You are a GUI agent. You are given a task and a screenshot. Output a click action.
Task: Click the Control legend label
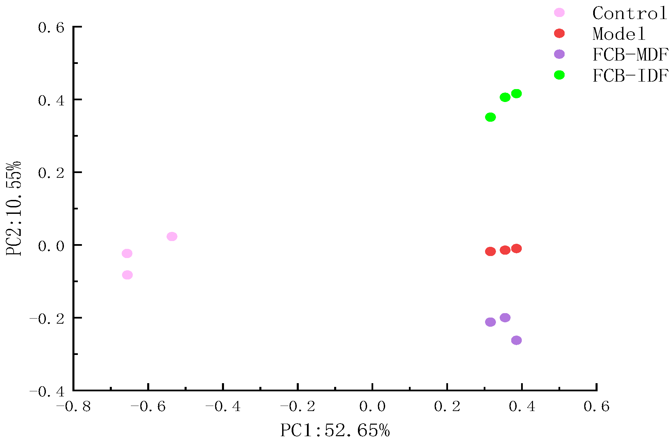click(x=630, y=14)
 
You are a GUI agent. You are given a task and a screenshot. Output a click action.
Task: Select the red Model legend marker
click(x=559, y=33)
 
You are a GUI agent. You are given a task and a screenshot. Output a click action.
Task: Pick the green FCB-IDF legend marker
click(x=559, y=75)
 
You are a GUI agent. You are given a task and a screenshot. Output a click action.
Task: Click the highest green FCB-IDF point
click(x=516, y=93)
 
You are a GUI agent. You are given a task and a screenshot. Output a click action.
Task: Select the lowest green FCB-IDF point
click(x=490, y=117)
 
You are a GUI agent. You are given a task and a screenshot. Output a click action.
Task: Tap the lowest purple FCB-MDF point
click(x=516, y=340)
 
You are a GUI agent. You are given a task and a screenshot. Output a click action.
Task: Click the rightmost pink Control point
click(x=172, y=236)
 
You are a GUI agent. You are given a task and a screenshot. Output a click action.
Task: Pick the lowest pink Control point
click(x=127, y=275)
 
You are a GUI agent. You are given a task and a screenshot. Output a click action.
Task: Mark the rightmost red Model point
click(x=516, y=249)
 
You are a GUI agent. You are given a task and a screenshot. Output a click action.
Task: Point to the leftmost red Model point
click(x=490, y=251)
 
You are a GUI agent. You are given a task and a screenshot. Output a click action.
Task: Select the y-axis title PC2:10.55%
click(x=14, y=208)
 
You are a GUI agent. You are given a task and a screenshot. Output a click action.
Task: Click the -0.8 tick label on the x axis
click(x=73, y=406)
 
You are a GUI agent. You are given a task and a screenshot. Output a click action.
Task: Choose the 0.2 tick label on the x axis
click(x=447, y=406)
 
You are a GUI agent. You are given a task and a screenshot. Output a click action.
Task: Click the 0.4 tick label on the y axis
click(x=51, y=101)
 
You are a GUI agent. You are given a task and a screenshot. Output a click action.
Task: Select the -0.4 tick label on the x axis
click(x=223, y=406)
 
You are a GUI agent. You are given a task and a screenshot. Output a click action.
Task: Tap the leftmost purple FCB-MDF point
click(x=490, y=322)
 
